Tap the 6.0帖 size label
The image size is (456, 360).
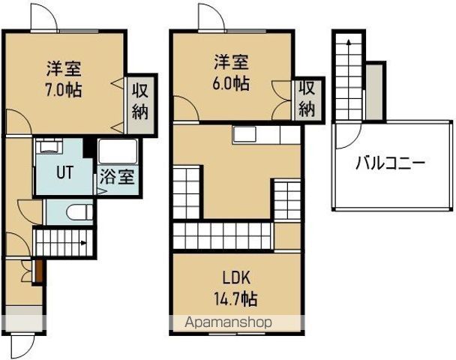click(230, 82)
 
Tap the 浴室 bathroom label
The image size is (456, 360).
click(117, 178)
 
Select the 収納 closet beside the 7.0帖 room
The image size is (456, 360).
click(140, 102)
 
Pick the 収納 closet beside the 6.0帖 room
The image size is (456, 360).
click(307, 98)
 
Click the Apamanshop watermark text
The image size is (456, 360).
click(229, 322)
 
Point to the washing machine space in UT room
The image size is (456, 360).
click(49, 145)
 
